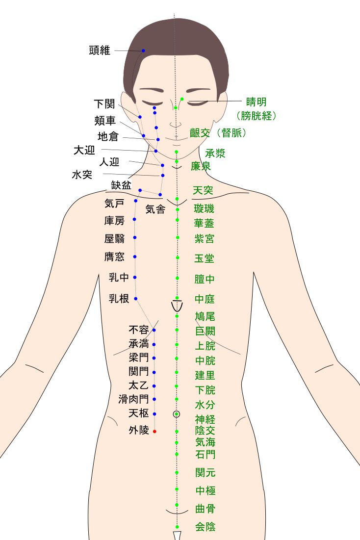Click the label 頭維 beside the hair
(x=100, y=50)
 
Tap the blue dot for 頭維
(x=144, y=51)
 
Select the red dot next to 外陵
(x=154, y=431)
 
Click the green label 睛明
(x=257, y=102)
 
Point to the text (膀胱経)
(x=257, y=116)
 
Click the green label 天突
(x=203, y=190)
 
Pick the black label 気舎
(x=155, y=209)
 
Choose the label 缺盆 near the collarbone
(x=121, y=185)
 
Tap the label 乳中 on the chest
(x=119, y=278)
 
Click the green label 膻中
(x=205, y=280)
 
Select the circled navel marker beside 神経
(x=177, y=414)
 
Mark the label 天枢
(x=138, y=413)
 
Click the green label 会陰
(x=205, y=527)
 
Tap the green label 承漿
(x=215, y=154)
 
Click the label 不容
(x=139, y=330)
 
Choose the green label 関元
(x=205, y=473)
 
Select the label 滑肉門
(x=133, y=399)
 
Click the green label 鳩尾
(x=205, y=316)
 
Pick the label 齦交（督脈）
(x=218, y=133)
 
